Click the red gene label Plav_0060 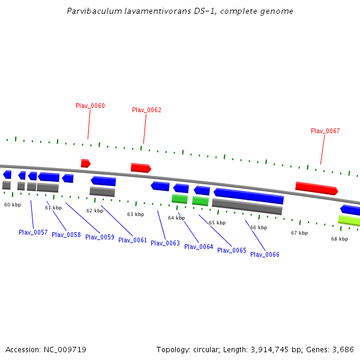click(90, 106)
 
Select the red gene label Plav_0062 click(146, 110)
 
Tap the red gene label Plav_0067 click(325, 131)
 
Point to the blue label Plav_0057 click(33, 232)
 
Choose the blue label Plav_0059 click(100, 237)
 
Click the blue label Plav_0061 click(133, 240)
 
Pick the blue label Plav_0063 click(165, 243)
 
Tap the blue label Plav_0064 click(199, 247)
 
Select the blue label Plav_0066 click(265, 254)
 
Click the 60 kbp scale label click(13, 205)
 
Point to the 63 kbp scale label click(135, 214)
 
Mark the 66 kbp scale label click(258, 227)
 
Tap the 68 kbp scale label click(339, 239)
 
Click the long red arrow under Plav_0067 click(316, 188)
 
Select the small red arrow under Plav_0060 click(85, 163)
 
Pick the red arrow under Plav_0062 click(140, 168)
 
